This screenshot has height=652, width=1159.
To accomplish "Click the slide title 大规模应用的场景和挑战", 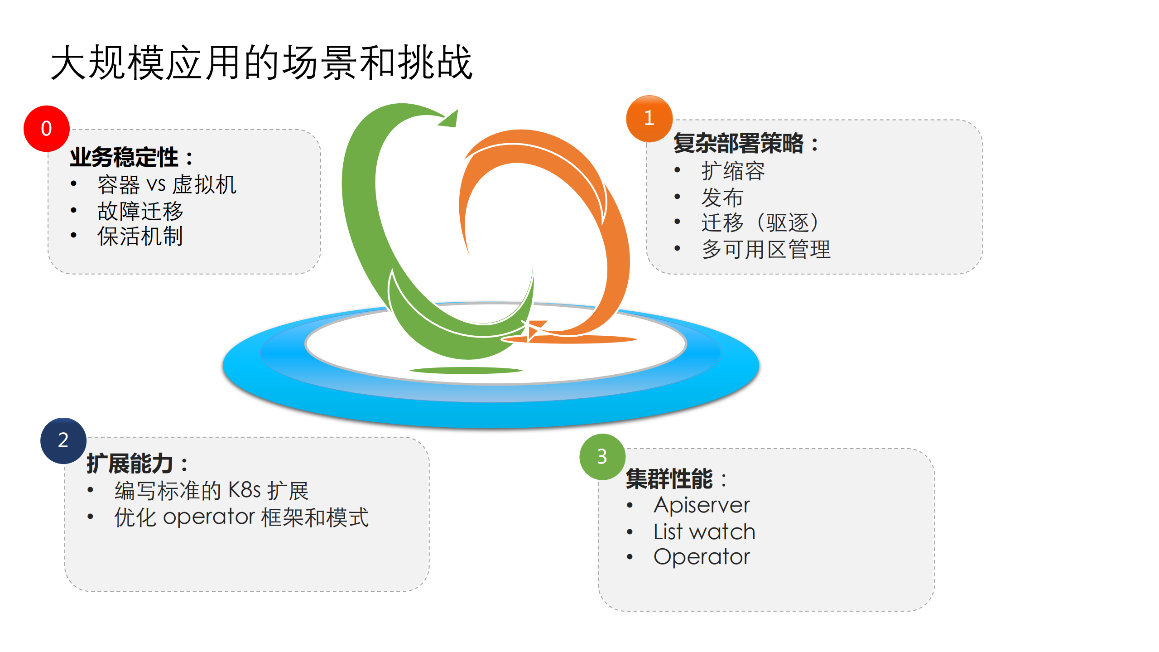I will click(262, 63).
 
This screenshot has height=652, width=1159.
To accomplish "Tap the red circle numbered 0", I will click(46, 129).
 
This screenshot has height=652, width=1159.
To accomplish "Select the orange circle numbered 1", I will click(649, 118).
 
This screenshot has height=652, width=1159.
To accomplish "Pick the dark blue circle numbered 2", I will click(63, 440).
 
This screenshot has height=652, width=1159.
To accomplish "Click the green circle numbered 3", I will click(601, 457).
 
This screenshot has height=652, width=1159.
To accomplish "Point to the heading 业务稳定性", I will click(125, 157).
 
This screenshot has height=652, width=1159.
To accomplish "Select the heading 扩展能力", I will click(130, 464).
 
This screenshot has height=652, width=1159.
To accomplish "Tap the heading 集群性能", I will click(669, 479).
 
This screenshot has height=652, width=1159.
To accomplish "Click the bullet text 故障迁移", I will click(140, 211).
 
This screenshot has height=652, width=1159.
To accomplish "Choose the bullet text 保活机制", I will click(140, 236).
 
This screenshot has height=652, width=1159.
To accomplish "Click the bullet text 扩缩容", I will click(733, 171).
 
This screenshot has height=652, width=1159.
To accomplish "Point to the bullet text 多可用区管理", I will click(765, 249).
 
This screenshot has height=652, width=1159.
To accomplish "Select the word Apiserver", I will click(702, 505).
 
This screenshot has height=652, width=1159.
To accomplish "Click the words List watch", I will click(704, 531).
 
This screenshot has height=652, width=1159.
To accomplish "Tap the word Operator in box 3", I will click(702, 557).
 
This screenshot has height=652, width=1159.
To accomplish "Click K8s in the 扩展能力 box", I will click(244, 490).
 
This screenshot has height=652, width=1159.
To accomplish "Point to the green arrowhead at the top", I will click(450, 119).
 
